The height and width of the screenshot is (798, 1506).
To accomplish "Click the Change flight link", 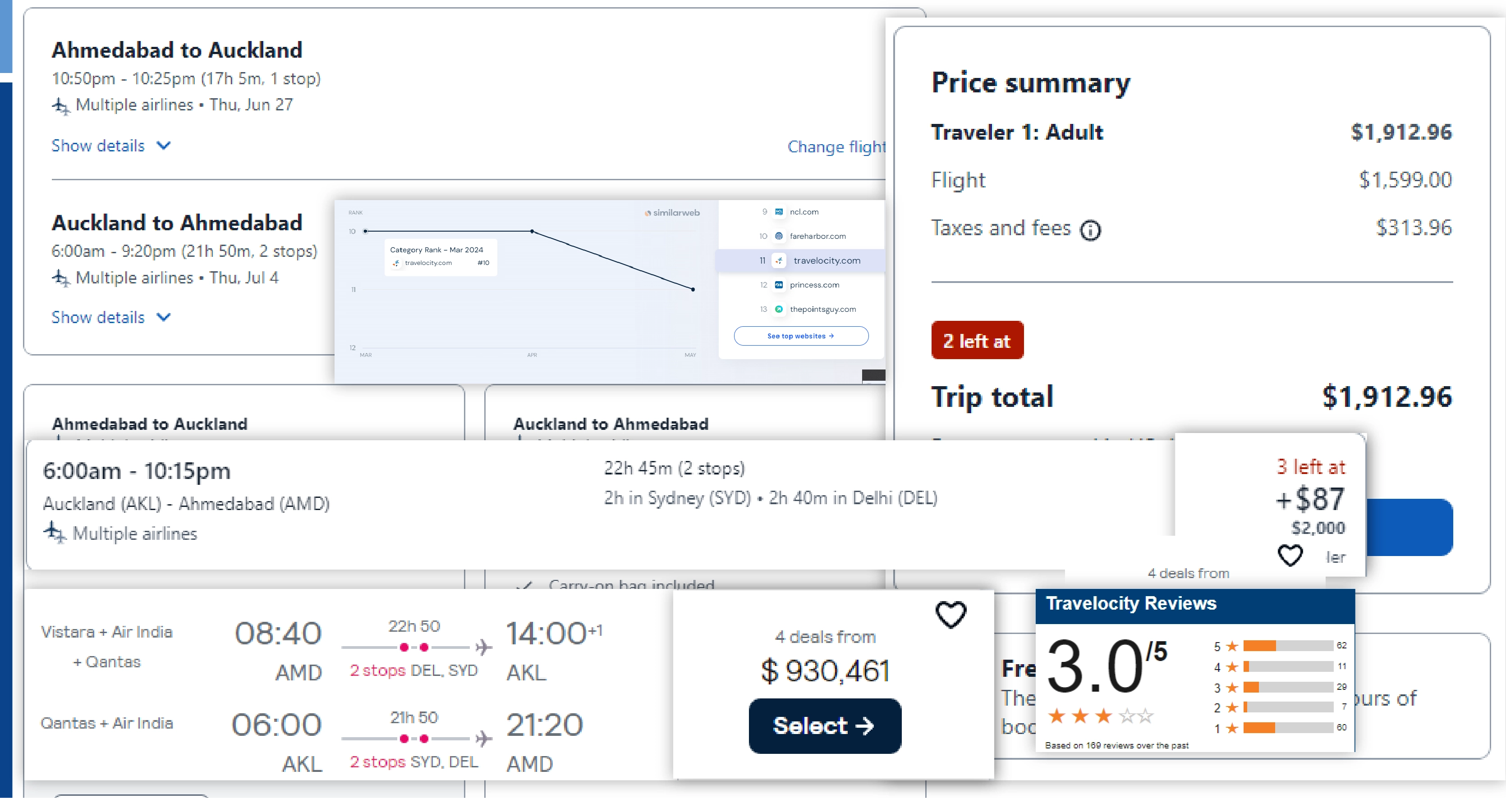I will pyautogui.click(x=836, y=146).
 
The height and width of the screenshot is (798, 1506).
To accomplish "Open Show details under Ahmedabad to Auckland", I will pyautogui.click(x=110, y=146).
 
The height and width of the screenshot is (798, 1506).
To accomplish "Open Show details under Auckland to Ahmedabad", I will pyautogui.click(x=110, y=317).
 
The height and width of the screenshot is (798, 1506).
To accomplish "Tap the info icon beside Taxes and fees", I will pyautogui.click(x=1090, y=230).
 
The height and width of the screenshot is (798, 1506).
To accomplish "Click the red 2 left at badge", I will pyautogui.click(x=977, y=341).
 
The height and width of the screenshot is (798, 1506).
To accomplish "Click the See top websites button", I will pyautogui.click(x=800, y=336).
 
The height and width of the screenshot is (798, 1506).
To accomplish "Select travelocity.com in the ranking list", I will pyautogui.click(x=826, y=260).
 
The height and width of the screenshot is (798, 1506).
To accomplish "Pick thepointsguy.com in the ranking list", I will pyautogui.click(x=822, y=309).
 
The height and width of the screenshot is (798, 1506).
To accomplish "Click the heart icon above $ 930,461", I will pyautogui.click(x=950, y=615).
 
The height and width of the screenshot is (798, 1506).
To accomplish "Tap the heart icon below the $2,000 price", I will pyautogui.click(x=1290, y=555).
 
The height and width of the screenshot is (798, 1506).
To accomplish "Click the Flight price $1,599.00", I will pyautogui.click(x=1405, y=180).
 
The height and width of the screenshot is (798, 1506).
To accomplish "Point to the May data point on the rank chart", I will pyautogui.click(x=693, y=289).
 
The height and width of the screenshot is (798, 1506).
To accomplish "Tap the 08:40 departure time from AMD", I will pyautogui.click(x=278, y=633).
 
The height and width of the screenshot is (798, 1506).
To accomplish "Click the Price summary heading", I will pyautogui.click(x=1031, y=83).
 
